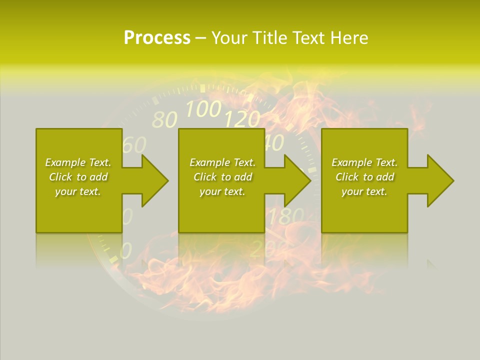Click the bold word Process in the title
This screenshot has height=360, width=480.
(157, 38)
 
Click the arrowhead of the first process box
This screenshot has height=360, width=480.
(154, 180)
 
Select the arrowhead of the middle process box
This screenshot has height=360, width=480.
(297, 180)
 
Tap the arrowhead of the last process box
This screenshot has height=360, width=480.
(440, 180)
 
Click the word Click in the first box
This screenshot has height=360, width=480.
(60, 177)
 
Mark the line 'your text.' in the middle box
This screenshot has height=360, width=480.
(222, 191)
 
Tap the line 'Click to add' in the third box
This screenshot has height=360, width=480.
(364, 177)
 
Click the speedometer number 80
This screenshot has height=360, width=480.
(164, 120)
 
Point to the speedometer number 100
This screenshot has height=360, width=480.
(203, 108)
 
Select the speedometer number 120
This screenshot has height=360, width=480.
(242, 119)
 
